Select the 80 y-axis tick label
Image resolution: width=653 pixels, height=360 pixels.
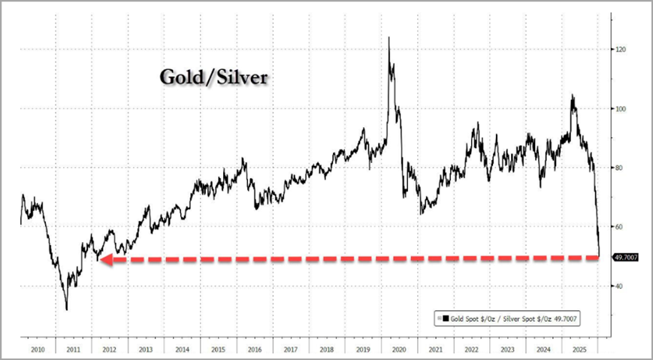[x=621, y=168]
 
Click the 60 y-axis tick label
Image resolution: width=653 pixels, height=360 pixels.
[x=621, y=227]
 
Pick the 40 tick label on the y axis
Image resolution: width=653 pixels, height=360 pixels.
[x=621, y=286]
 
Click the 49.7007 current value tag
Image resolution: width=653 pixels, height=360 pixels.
[x=626, y=258]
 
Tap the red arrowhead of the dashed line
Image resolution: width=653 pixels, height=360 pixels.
[x=106, y=260]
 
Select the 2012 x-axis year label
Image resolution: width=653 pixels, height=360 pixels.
[x=110, y=349]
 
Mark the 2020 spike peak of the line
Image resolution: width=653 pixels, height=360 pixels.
[x=388, y=38]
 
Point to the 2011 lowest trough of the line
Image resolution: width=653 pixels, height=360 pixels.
[x=67, y=309]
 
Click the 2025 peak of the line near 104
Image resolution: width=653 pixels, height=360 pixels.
[x=573, y=95]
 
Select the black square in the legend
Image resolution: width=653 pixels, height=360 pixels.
[x=448, y=319]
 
